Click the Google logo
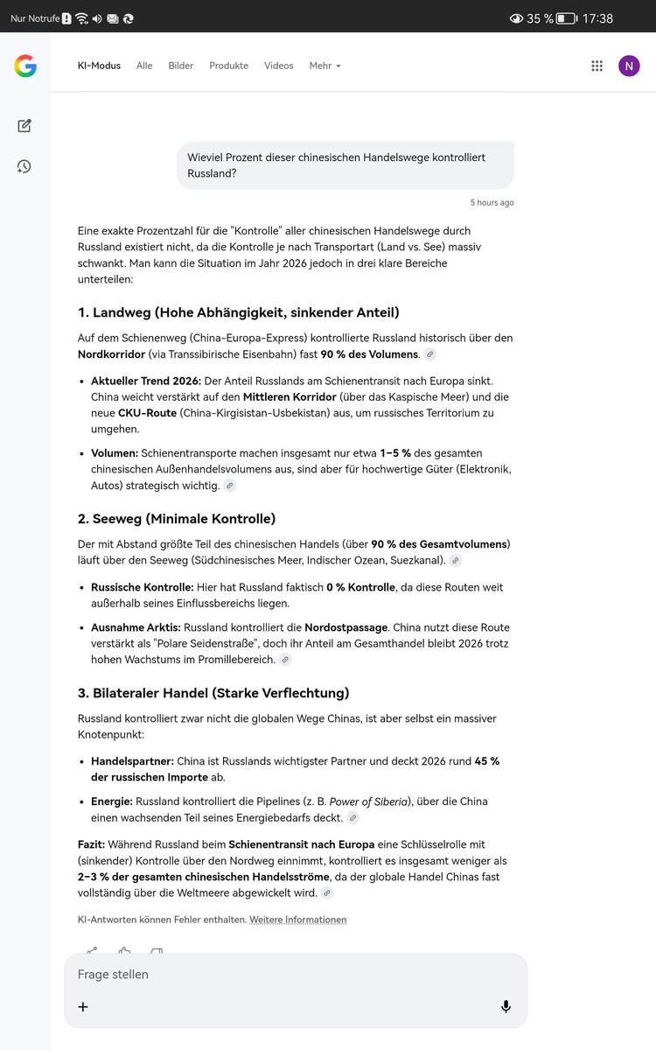[25, 66]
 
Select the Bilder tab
[181, 66]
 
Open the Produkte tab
[228, 66]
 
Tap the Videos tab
[279, 66]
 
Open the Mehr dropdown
[325, 66]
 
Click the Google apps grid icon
[597, 66]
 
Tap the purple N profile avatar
[629, 66]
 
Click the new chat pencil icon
[24, 125]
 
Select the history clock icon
[24, 166]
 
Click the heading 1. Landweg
[238, 312]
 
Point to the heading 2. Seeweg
[177, 519]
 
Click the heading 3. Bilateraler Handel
[213, 693]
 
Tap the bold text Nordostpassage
[345, 627]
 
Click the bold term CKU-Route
[147, 413]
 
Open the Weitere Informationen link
[298, 920]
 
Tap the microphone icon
[506, 1006]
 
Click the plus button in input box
[83, 1006]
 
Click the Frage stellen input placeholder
[114, 974]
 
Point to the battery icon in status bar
[566, 18]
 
